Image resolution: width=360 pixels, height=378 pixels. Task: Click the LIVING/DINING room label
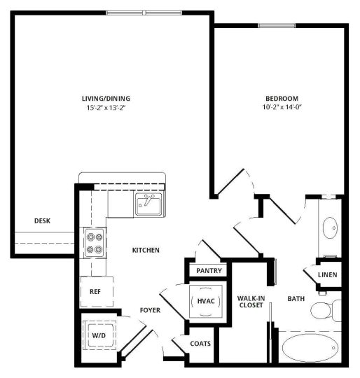(x=106, y=98)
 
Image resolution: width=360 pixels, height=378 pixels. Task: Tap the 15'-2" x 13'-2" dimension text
(x=106, y=108)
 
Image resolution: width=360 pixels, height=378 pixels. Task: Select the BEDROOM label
(x=282, y=98)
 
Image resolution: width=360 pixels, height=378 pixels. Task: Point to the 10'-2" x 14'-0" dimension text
(x=282, y=108)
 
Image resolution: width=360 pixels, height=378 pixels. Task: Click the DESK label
(x=42, y=221)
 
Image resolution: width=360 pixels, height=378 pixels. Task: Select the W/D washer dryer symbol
(x=98, y=335)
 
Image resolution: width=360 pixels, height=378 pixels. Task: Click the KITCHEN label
(x=146, y=250)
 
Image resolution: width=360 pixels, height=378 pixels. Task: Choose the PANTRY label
(x=209, y=270)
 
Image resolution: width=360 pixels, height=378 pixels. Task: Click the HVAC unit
(x=206, y=300)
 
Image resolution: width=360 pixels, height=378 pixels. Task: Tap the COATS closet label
(x=202, y=344)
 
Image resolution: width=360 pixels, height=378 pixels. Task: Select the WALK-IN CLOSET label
(x=249, y=302)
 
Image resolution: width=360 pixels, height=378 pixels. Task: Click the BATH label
(x=296, y=299)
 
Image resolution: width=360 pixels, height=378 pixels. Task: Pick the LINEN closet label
(x=327, y=274)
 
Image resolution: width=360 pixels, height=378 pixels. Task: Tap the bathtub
(x=312, y=349)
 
